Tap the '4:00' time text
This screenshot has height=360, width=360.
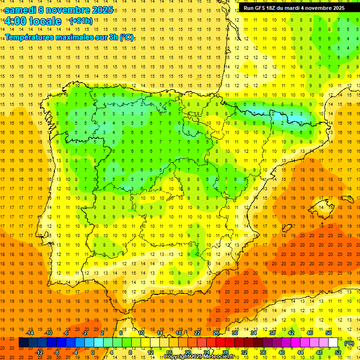pyautogui.click(x=15, y=21)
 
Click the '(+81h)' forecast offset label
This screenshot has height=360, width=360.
pyautogui.click(x=81, y=21)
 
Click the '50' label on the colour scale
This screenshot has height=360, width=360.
pyautogui.click(x=328, y=333)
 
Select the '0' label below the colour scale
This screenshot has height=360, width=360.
pyautogui.click(x=93, y=352)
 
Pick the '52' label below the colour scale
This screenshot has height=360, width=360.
pyautogui.click(x=337, y=352)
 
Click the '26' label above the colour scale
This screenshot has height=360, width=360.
pyautogui.click(x=216, y=333)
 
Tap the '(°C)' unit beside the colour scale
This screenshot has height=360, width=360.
pyautogui.click(x=349, y=343)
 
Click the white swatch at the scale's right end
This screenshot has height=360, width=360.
pyautogui.click(x=333, y=343)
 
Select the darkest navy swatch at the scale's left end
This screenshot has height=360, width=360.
pyautogui.click(x=23, y=343)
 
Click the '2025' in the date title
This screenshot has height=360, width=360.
pyautogui.click(x=99, y=10)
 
